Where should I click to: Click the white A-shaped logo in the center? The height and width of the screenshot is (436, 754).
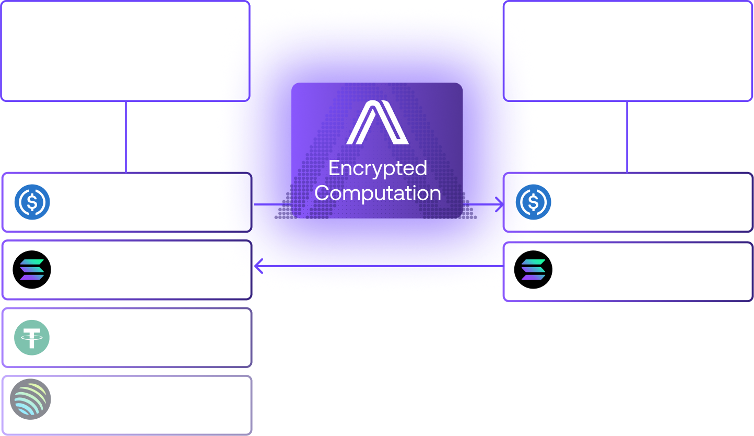(377, 123)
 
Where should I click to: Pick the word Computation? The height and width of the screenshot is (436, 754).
(378, 193)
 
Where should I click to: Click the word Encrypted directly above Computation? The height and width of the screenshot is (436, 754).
(378, 168)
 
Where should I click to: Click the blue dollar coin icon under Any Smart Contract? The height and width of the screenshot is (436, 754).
(32, 202)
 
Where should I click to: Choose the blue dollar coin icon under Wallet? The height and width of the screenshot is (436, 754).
(534, 202)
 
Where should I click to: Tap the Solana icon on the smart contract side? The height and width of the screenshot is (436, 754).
(32, 270)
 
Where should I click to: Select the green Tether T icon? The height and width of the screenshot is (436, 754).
(32, 337)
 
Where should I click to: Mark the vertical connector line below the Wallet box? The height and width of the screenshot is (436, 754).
(627, 137)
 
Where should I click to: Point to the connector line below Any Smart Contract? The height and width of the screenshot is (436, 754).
(126, 137)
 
